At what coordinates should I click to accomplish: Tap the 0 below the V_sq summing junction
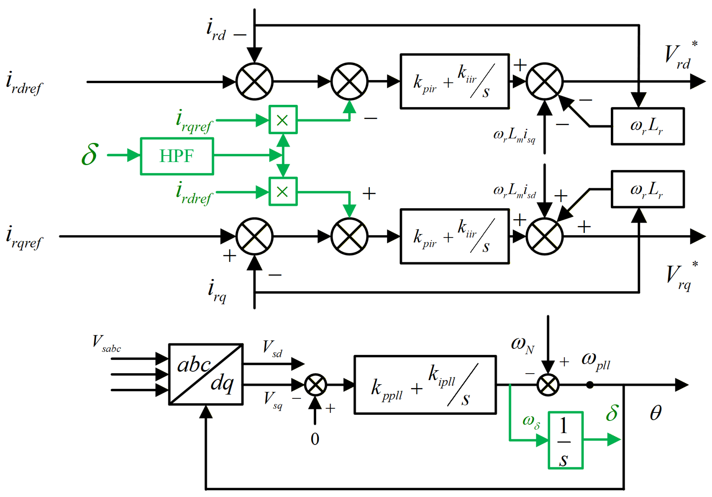pos(315,439)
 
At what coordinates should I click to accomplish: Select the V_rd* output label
pos(681,55)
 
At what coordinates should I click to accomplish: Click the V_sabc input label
pos(106,344)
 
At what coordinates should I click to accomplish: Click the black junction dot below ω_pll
pos(590,385)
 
